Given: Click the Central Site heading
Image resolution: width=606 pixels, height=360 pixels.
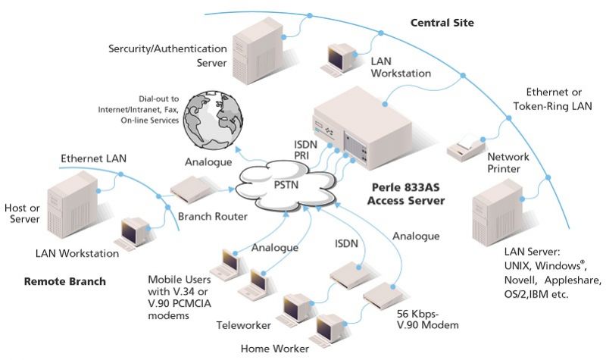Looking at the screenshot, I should [x=442, y=23].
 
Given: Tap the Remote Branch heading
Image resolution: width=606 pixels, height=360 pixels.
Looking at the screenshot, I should [x=64, y=281].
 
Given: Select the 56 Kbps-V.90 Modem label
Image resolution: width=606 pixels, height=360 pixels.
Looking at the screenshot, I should [x=428, y=318].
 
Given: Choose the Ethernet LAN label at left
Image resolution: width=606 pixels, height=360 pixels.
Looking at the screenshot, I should [x=93, y=158].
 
